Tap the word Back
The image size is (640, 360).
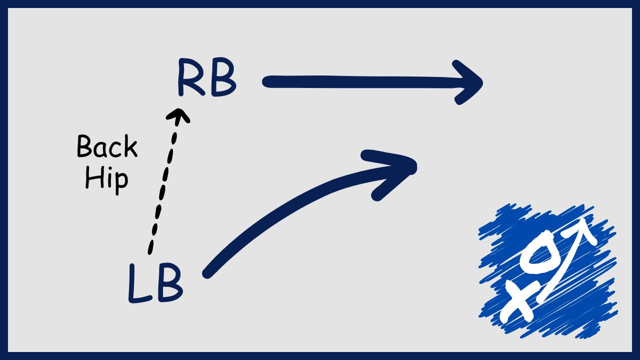pyautogui.click(x=106, y=147)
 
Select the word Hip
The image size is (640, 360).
pyautogui.click(x=106, y=177)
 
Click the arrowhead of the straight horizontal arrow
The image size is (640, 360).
pyautogui.click(x=470, y=82)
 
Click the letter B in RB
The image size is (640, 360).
pyautogui.click(x=222, y=79)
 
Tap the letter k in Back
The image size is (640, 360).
pyautogui.click(x=129, y=147)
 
